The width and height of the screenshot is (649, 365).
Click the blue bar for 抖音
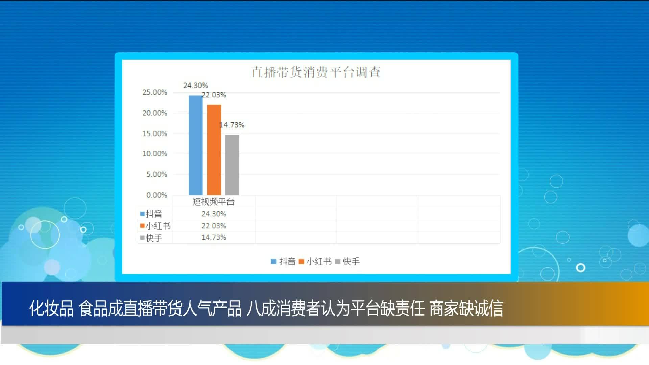195,145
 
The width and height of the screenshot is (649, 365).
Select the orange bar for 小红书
214,150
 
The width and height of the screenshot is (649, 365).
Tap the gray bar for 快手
232,165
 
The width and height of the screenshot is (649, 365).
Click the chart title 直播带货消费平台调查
316,72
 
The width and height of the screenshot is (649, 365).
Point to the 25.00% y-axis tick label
155,92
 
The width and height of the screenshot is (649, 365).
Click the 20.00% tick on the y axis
155,113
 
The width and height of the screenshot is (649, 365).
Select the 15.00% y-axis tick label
155,133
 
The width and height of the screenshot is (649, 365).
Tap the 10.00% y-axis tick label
155,154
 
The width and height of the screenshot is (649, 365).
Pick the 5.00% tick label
157,174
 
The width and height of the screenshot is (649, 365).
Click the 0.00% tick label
157,195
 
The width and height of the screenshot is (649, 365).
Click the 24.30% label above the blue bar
195,86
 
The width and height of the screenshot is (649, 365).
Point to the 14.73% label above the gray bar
232,125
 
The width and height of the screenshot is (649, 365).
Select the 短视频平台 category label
214,202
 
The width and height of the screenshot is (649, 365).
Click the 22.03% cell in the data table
214,226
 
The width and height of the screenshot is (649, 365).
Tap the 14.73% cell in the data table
214,237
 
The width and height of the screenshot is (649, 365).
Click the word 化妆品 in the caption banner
51,309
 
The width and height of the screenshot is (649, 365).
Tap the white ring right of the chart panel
581,268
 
